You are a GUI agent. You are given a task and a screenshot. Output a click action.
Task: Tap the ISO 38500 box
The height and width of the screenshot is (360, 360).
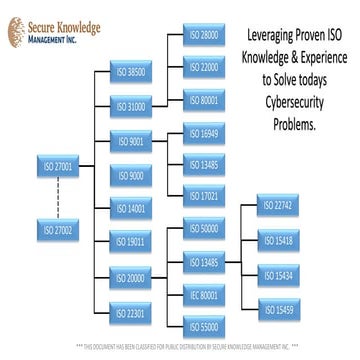click(129, 72)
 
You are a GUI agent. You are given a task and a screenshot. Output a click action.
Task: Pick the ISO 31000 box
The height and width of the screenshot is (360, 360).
click(129, 104)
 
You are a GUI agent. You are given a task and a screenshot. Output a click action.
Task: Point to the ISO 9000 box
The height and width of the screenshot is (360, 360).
click(129, 175)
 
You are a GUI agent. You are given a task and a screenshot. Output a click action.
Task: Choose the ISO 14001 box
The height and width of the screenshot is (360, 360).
click(129, 209)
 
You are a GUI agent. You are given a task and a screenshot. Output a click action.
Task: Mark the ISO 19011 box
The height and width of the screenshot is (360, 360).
click(129, 242)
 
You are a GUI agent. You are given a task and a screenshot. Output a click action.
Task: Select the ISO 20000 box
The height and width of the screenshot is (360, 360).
click(129, 277)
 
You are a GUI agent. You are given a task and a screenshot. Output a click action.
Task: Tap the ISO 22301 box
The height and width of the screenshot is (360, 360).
click(129, 311)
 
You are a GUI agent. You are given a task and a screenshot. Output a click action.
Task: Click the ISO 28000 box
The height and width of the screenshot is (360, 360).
click(204, 36)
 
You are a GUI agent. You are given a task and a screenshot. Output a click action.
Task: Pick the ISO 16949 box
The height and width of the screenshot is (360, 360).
click(204, 132)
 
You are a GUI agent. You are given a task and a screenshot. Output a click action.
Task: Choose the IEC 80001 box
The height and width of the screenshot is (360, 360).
click(204, 295)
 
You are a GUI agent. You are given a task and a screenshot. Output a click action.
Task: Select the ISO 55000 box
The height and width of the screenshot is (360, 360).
click(204, 326)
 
